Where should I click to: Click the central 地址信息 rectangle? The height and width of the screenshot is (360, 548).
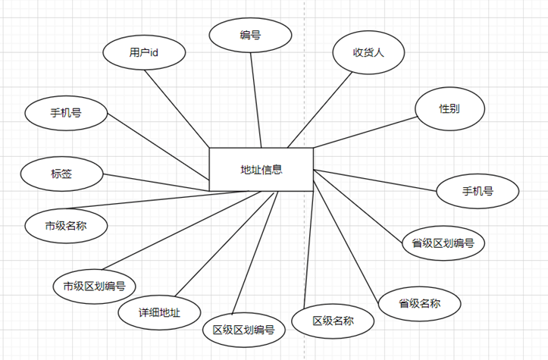(x=261, y=170)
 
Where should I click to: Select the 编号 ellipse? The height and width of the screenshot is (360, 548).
(x=250, y=35)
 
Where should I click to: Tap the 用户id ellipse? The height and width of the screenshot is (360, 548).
(x=144, y=52)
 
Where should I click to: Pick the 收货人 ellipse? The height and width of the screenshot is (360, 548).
(x=368, y=52)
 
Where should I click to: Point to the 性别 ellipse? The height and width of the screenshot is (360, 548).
(x=449, y=108)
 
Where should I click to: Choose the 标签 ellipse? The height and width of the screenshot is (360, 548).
(x=62, y=174)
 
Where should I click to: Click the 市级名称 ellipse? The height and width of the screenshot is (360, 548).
(x=66, y=226)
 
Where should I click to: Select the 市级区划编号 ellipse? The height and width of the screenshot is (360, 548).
(x=94, y=286)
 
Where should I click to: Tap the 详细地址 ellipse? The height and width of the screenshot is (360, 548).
(x=159, y=312)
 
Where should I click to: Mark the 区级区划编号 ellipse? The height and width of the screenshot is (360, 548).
(x=244, y=330)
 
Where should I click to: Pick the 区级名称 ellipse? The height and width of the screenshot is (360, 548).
(x=333, y=321)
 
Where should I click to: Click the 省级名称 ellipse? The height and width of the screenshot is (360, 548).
(x=419, y=303)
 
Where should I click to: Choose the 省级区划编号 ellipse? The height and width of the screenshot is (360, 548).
(x=443, y=243)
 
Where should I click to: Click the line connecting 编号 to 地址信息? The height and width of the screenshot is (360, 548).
(x=256, y=100)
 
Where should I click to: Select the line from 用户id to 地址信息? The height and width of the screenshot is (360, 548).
(x=177, y=108)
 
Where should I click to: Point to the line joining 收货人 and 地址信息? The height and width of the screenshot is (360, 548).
(x=320, y=110)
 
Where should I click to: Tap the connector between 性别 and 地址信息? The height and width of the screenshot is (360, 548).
(x=365, y=132)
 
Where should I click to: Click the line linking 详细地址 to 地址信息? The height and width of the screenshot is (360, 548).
(x=224, y=244)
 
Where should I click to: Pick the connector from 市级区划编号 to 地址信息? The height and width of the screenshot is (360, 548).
(x=181, y=230)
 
